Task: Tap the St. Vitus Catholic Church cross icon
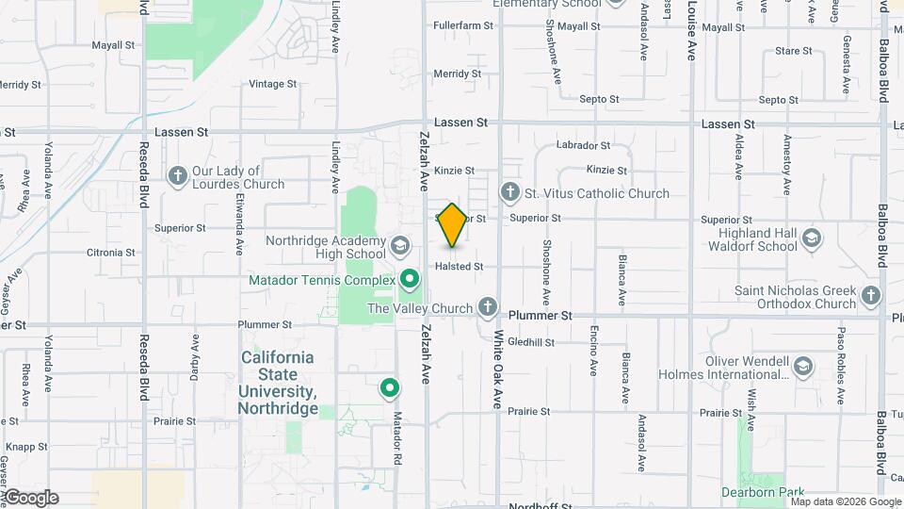[x=510, y=193]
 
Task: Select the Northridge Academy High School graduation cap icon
[x=399, y=246]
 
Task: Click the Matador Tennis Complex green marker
[x=410, y=280]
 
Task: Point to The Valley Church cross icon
[x=488, y=308]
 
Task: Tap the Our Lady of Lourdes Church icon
[x=177, y=176]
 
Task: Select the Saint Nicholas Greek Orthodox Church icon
[x=871, y=297]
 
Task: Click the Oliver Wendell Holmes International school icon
[x=802, y=367]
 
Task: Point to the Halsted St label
[x=459, y=267]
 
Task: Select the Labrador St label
[x=584, y=145]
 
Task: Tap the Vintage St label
[x=273, y=84]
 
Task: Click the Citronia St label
[x=110, y=253]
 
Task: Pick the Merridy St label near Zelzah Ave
[x=458, y=74]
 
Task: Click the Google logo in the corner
[x=30, y=498]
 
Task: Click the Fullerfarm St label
[x=463, y=26]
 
